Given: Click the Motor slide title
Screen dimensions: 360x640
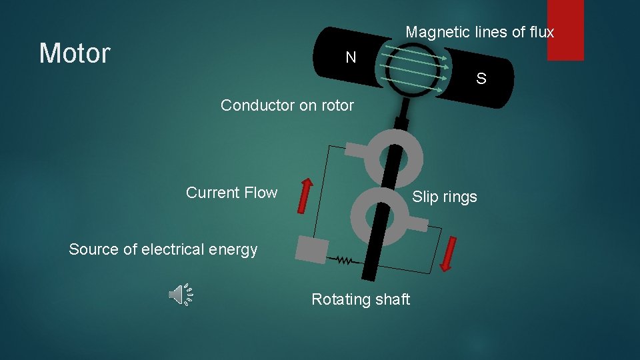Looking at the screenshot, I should click(x=75, y=53).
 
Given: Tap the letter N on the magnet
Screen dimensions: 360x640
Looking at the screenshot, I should click(x=351, y=58).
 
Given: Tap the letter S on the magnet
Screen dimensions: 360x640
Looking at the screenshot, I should click(x=481, y=79).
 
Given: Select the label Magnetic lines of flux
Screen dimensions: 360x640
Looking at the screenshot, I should click(x=479, y=32).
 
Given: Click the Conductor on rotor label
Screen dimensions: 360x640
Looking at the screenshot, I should click(x=287, y=105).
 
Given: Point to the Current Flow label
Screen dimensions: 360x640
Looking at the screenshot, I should click(x=231, y=193).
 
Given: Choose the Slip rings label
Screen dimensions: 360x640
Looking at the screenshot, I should click(x=444, y=197).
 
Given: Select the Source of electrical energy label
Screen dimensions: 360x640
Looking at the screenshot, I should click(x=163, y=250).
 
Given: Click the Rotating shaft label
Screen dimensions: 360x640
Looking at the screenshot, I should click(x=360, y=300).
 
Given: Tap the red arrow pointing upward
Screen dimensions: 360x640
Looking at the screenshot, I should click(x=304, y=195).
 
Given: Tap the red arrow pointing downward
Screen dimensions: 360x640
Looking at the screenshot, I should click(x=449, y=255).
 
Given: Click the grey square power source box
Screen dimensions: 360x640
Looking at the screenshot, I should click(x=311, y=251).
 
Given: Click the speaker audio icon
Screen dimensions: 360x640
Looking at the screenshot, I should click(x=180, y=294).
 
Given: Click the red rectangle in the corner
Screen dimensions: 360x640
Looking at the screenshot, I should click(x=565, y=30).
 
